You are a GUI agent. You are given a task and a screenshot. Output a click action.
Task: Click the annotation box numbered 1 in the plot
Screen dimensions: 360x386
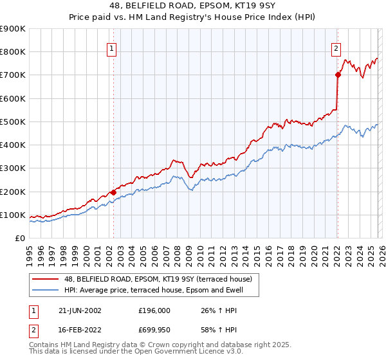(111, 48)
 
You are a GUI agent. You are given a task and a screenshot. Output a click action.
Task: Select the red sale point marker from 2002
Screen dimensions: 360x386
(114, 192)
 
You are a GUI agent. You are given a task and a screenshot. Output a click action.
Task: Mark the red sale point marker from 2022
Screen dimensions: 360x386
(337, 75)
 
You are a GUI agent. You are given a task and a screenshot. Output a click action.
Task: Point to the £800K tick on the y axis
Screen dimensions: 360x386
(13, 52)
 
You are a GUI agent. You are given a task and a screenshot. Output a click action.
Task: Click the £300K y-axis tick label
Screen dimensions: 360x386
(13, 168)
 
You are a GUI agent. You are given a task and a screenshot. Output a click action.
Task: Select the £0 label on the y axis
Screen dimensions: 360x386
(19, 239)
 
